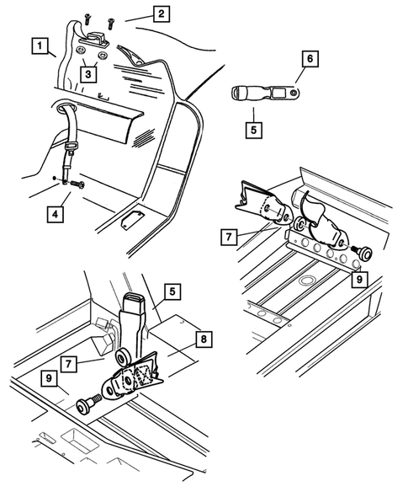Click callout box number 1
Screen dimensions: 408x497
(40, 46)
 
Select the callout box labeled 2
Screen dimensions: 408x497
(162, 14)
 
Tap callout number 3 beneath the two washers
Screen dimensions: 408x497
(88, 74)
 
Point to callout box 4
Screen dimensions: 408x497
(55, 214)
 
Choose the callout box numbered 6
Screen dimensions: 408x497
(310, 59)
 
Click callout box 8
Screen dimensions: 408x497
(204, 339)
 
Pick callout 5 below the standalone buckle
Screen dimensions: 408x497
(253, 130)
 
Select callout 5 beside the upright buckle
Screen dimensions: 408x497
(172, 291)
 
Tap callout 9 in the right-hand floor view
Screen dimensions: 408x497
(359, 280)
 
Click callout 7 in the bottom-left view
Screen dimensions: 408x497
(69, 364)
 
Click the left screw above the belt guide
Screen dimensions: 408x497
(87, 19)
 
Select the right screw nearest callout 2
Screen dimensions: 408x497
(110, 24)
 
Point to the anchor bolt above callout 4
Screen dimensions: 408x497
(77, 184)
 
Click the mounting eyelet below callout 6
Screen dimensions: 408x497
(294, 92)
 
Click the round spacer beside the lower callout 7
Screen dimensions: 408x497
(123, 358)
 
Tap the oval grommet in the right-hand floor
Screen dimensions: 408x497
(305, 281)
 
